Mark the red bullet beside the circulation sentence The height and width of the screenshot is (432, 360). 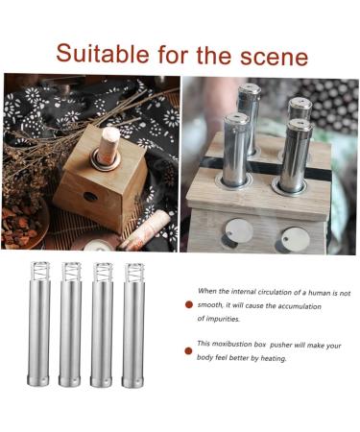(x=190, y=304)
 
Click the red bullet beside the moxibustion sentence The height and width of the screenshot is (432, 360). (x=190, y=350)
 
